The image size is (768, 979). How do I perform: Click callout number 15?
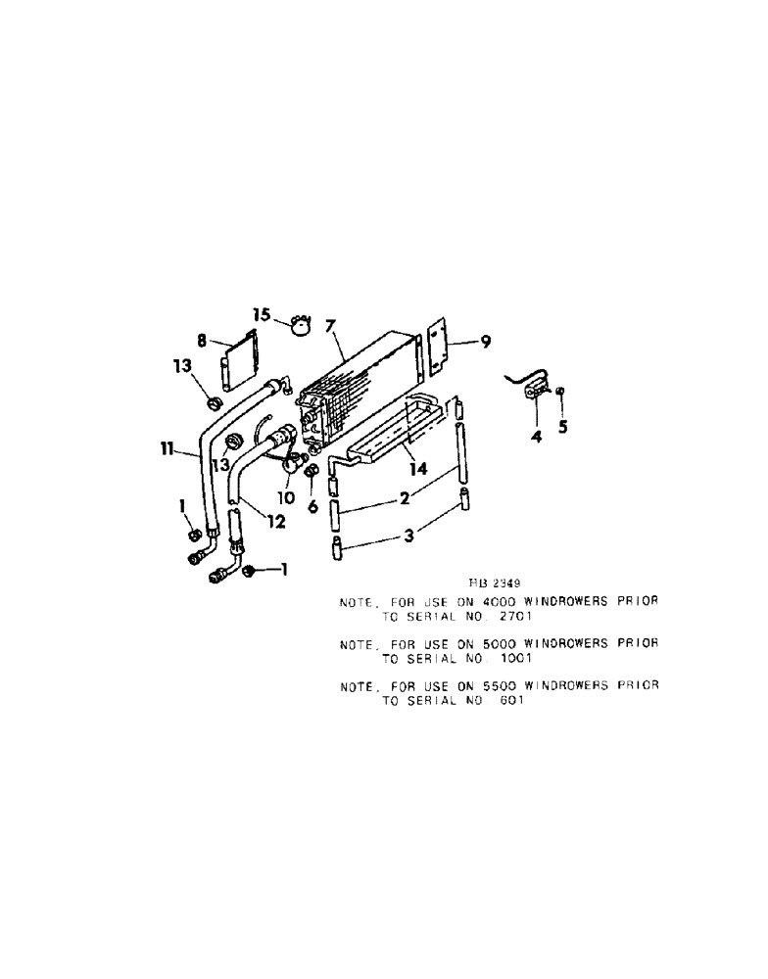pos(260,314)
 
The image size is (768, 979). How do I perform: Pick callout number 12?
pos(276,522)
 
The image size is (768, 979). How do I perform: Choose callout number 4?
pos(536,436)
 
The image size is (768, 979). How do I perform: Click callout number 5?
pos(562,426)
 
